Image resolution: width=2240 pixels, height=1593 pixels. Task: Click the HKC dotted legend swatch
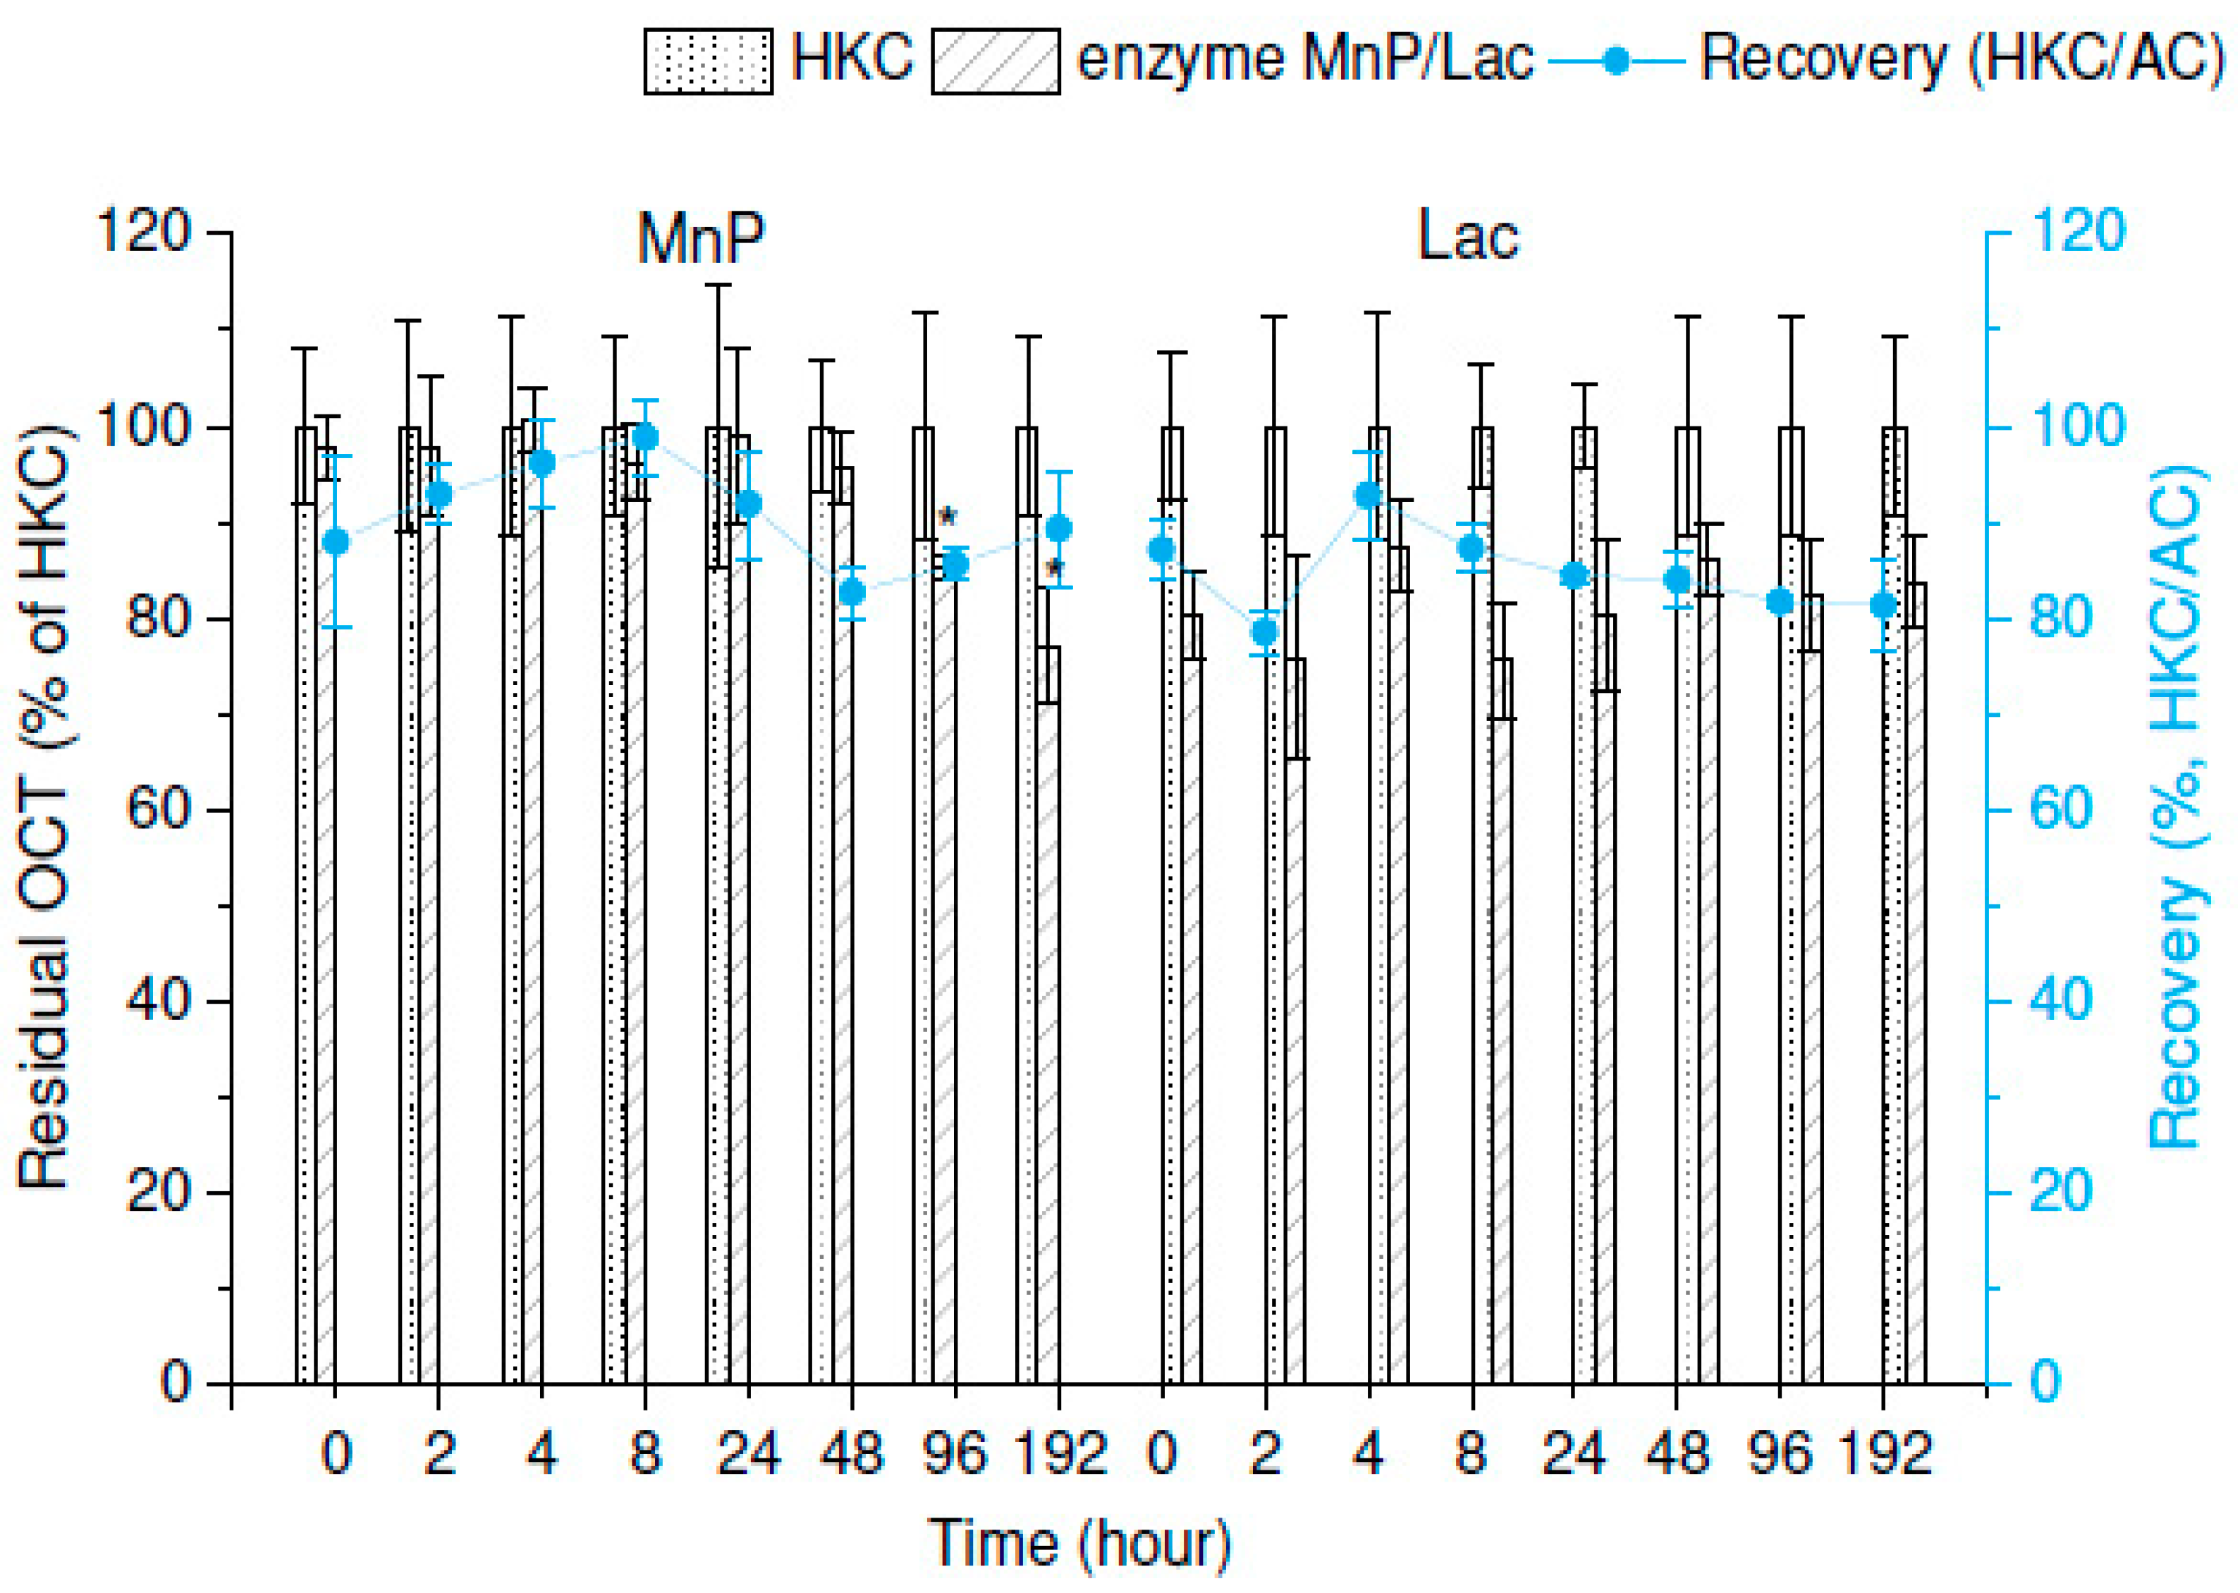point(707,61)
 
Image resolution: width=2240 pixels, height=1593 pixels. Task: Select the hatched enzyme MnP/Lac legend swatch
point(995,61)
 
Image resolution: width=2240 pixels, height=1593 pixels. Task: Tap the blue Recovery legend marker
point(1615,61)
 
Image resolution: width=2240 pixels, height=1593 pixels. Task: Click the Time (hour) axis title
point(1079,1544)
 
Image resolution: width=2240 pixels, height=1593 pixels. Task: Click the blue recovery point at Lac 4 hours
point(1368,496)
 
